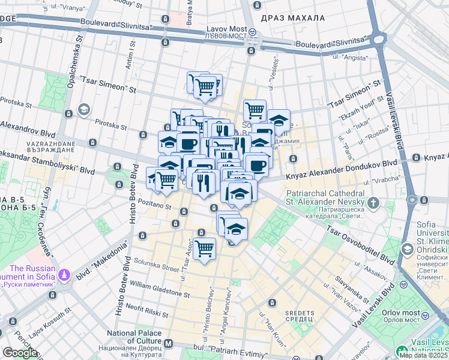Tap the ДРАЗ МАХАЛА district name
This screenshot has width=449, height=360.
click(x=289, y=18)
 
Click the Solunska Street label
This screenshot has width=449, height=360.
click(x=155, y=265)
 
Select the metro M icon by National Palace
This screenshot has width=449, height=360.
click(x=168, y=344)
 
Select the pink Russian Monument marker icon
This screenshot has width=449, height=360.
click(x=64, y=275)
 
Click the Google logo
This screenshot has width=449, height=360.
click(x=19, y=353)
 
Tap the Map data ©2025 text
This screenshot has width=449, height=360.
click(x=423, y=355)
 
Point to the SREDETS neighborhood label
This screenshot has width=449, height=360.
click(x=300, y=313)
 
